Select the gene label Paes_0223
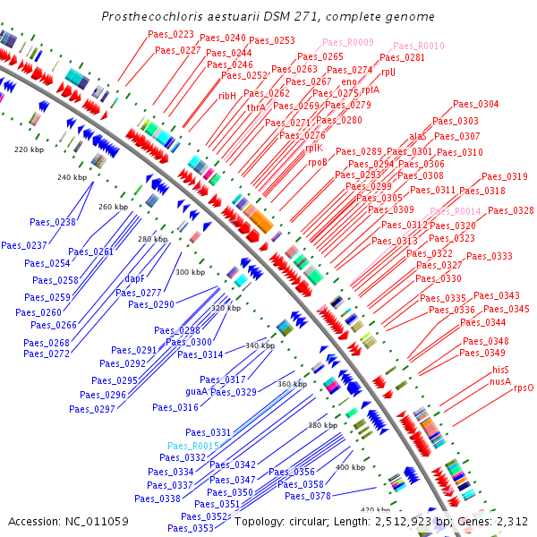pos(171,34)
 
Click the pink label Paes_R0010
pos(416,46)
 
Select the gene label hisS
pos(499,370)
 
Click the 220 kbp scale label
pos(30,149)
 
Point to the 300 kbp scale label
pos(190,271)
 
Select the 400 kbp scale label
pos(350,467)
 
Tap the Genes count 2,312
pos(513,521)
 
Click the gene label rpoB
pos(318,162)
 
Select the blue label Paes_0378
pos(308,496)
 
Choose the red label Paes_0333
pos(490,256)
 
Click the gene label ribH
pos(228,95)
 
